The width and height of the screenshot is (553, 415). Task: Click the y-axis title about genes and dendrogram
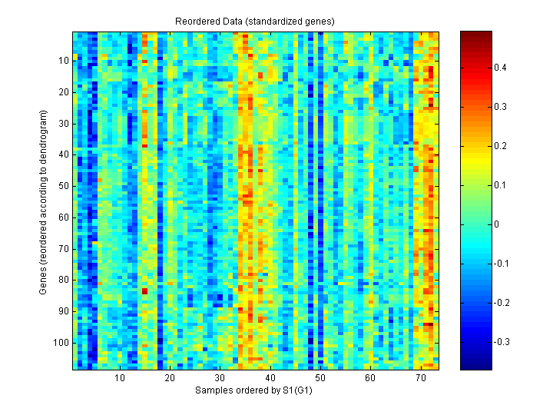[x=44, y=201]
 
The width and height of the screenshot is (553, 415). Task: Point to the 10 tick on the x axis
[x=120, y=378]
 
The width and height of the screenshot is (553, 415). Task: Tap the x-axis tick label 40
[x=270, y=378]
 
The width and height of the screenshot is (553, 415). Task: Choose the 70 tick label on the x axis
[x=420, y=378]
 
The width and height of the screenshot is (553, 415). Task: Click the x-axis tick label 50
[x=320, y=378]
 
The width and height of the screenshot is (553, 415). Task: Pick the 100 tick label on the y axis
[x=61, y=342]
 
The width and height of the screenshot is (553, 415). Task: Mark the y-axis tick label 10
[x=63, y=60]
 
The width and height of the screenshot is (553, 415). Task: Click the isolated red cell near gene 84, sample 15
[x=144, y=291]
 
